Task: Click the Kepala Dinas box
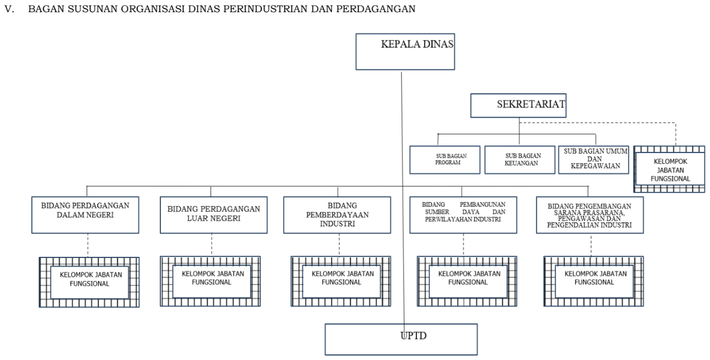coord(405,52)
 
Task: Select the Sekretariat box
coord(518,105)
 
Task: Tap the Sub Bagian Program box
coord(445,160)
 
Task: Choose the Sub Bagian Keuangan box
coord(520,160)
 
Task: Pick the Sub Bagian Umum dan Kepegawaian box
coord(594,160)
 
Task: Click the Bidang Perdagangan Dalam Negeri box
coord(85,215)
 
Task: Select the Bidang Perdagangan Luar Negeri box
coord(214,215)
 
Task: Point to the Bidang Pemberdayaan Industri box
coord(337,215)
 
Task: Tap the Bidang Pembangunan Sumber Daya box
coord(463,215)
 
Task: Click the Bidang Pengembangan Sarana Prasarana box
coord(590,215)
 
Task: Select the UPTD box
coord(401,339)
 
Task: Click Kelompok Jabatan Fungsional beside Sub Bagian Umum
coord(670,169)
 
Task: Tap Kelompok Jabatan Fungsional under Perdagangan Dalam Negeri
coord(89,282)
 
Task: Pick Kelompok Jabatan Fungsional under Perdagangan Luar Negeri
coord(210,281)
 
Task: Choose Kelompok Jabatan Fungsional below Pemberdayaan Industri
coord(341,281)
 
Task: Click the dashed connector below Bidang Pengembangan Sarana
coord(591,245)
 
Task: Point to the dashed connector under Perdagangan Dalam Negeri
coord(88,245)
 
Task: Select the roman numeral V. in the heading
coord(9,9)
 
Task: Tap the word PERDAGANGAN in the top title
coord(376,9)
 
